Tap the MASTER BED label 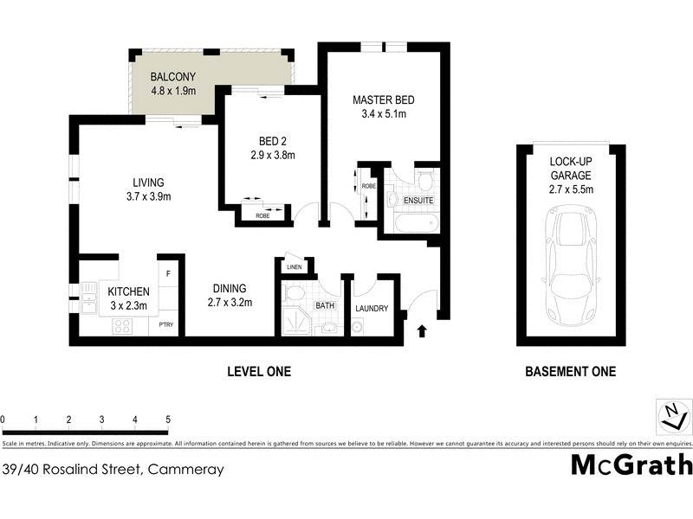(379, 100)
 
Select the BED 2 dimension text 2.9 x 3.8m (272, 156)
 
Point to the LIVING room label (148, 182)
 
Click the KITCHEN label (128, 292)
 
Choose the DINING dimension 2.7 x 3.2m (229, 303)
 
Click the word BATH (325, 305)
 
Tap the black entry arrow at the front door (422, 331)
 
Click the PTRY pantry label (166, 325)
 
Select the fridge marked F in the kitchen (168, 274)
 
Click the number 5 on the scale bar (167, 419)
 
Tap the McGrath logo (631, 465)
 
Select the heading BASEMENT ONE (571, 372)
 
